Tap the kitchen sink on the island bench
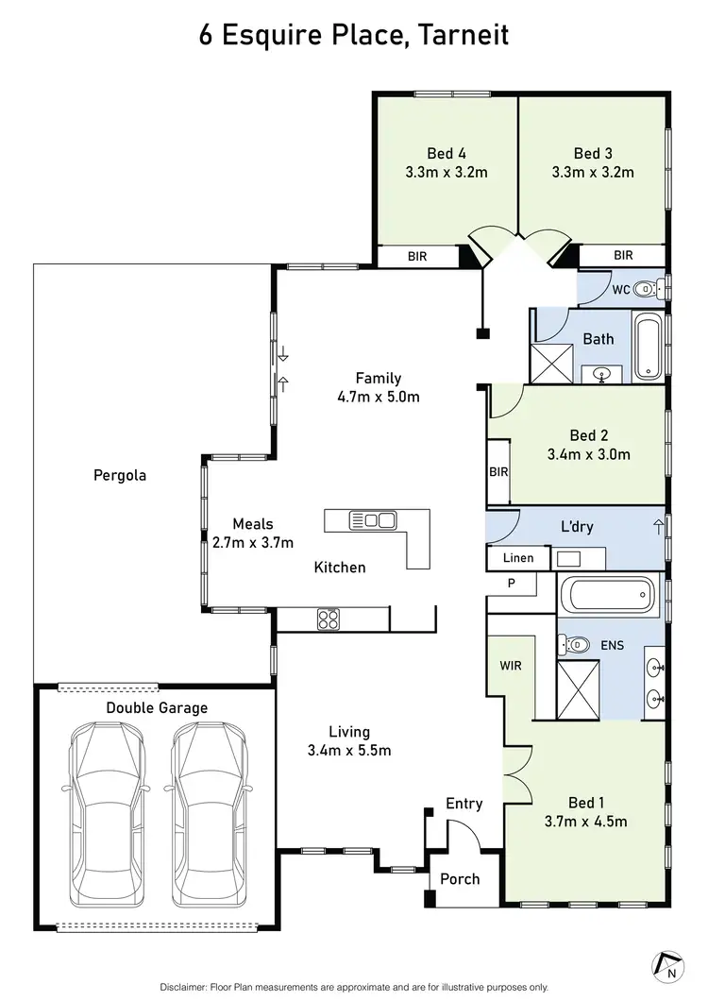373,520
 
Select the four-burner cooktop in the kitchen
329,619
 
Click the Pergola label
120,476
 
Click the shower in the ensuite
579,690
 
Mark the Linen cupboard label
517,558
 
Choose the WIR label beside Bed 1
511,666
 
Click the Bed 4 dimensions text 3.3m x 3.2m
447,173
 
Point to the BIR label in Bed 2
498,472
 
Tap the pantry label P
512,583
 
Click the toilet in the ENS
573,645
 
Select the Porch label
460,879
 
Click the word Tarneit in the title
464,35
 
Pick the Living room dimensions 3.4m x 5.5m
349,751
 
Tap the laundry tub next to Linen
569,559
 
